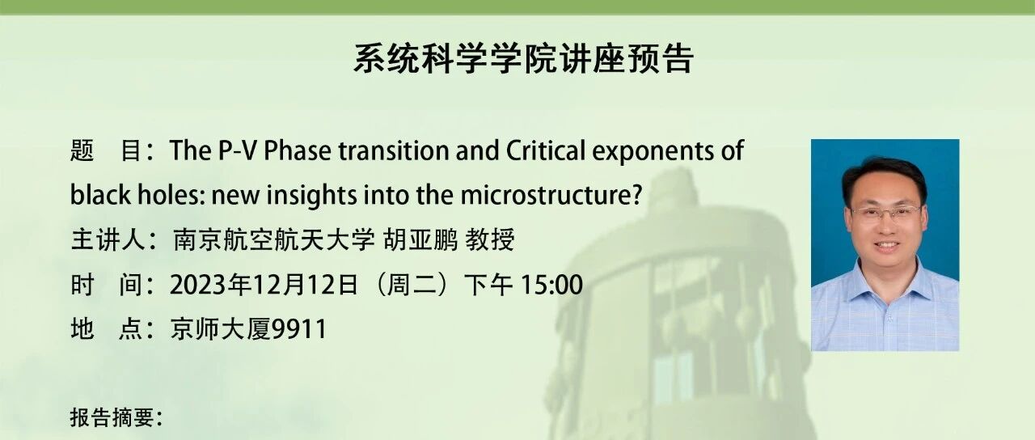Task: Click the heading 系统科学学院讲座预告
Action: coord(523,58)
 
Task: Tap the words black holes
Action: coord(137,195)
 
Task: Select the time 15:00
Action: coord(551,285)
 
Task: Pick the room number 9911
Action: coord(299,329)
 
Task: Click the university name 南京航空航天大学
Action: coord(273,239)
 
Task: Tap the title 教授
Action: coord(490,239)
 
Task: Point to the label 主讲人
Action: coord(108,239)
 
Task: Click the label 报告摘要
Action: coord(112,417)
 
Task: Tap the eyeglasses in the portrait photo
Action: coord(885,213)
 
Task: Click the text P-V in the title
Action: coord(237,150)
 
